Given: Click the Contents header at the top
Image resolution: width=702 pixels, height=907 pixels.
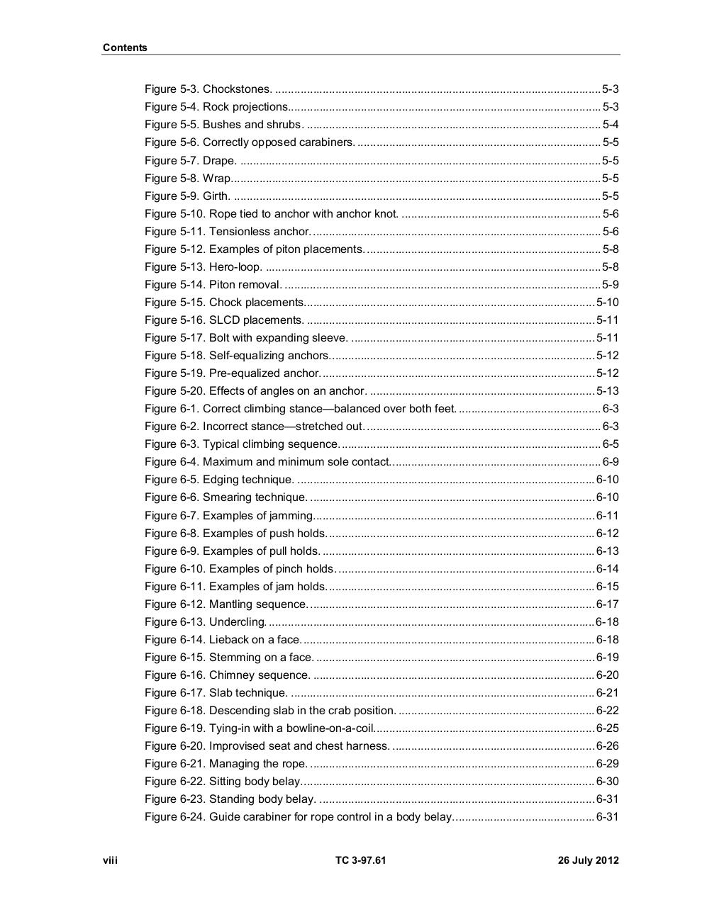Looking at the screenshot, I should pos(125,47).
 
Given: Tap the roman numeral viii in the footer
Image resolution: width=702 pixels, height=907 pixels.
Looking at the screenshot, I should pos(110,860).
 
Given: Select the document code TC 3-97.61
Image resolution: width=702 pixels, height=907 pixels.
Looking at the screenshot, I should pos(361,860).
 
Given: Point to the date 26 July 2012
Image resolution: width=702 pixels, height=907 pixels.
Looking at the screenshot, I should pos(588,860).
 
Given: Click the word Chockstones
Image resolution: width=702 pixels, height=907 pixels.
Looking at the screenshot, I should pos(237,89).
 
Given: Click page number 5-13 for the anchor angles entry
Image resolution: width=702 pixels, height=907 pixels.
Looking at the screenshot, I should pos(607,391).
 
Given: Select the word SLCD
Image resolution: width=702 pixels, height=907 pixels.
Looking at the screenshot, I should pos(225,320).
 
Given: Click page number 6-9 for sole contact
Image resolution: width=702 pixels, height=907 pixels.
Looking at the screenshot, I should pos(611,462).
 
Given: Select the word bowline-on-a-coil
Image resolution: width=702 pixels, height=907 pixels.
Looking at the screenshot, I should pos(330,728).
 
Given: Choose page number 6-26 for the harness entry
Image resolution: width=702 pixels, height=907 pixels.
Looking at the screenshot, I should pos(607,746).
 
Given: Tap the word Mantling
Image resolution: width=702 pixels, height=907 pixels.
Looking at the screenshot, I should pos(230,604).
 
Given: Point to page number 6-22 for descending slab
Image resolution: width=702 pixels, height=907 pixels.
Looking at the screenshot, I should pos(607,711).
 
